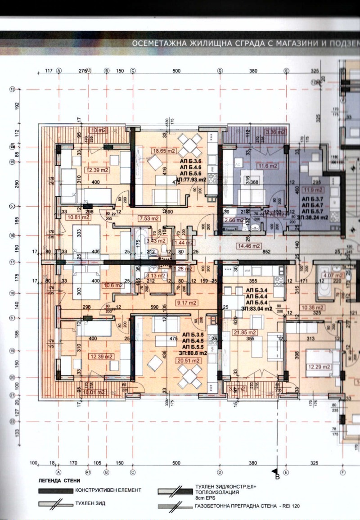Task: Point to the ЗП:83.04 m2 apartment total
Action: [256, 309]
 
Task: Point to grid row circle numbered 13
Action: [12, 89]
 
